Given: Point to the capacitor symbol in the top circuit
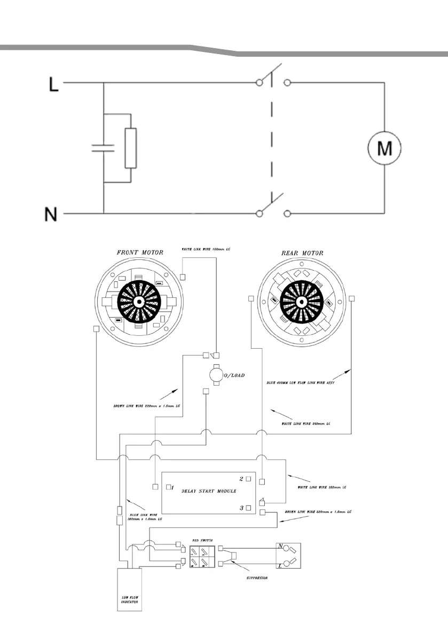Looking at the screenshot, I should coord(104,148).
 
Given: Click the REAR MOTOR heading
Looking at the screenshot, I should coord(302,253).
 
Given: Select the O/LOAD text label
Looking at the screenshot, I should coord(233,375).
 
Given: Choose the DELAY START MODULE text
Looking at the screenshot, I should coord(209,490).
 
